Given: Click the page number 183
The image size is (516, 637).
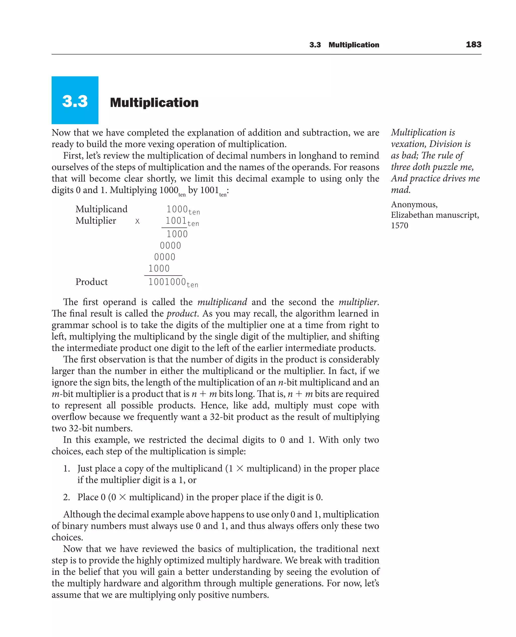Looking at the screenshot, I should click(473, 45).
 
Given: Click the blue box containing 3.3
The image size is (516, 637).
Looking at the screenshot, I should click(75, 100).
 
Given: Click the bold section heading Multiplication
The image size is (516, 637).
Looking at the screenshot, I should click(154, 103).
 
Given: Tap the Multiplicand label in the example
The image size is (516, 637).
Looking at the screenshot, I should click(101, 209).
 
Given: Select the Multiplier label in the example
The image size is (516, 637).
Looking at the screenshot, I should click(95, 221).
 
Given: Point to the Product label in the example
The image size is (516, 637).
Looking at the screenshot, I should click(91, 282).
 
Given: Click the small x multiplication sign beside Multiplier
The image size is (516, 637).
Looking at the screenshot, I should click(137, 221).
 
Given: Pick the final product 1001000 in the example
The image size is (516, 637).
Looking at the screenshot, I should click(167, 282).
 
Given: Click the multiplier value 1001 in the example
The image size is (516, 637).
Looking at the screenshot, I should click(176, 221).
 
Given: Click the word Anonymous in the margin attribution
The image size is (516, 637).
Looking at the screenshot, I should click(414, 205).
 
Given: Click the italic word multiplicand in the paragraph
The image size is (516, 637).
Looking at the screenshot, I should click(222, 302).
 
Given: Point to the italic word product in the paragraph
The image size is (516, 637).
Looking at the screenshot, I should click(181, 314).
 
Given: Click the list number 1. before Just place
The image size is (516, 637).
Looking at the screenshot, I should click(66, 469).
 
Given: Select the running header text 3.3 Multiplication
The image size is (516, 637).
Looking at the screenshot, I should click(344, 45).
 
